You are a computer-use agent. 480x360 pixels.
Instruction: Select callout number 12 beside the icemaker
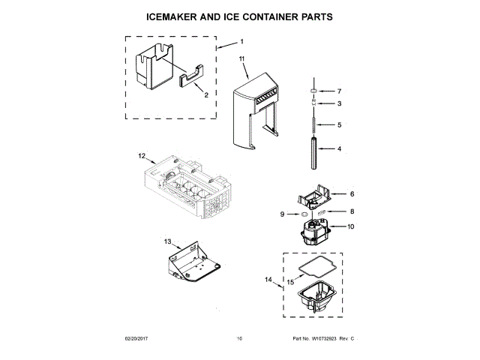[x=140, y=157]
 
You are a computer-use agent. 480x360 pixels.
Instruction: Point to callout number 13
[x=168, y=241]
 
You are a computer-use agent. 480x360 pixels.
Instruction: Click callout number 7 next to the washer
[x=339, y=91]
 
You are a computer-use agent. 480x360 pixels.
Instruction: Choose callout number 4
[x=339, y=148]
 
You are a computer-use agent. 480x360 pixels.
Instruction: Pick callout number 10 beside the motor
[x=349, y=226]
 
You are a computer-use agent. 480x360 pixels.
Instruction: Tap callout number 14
[x=268, y=280]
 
